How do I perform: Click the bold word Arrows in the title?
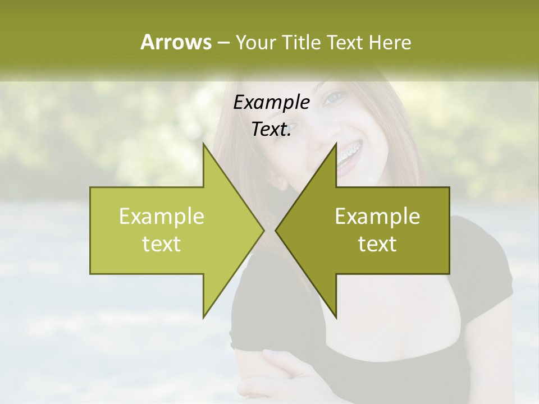pos(176,42)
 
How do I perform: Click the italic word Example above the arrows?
pos(271,103)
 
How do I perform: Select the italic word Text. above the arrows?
pos(271,129)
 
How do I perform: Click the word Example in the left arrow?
pos(161,217)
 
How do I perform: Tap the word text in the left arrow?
pos(161,244)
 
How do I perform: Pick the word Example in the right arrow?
pos(377,217)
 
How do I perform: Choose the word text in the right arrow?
pos(377,244)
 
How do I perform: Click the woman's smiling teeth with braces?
pos(348,158)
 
